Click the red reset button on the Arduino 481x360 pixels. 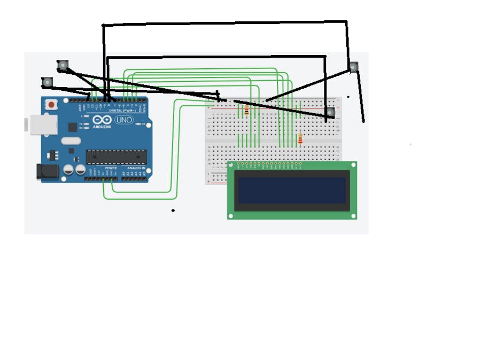(51, 105)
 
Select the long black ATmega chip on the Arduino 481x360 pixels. (116, 156)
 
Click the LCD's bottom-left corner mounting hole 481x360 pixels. (231, 216)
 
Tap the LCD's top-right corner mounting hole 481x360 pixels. (353, 165)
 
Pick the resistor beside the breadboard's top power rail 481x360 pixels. (246, 111)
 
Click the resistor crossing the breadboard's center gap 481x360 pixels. (300, 139)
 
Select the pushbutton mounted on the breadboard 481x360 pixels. (330, 112)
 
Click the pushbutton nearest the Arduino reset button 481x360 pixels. (48, 82)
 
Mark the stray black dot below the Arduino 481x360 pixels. (173, 210)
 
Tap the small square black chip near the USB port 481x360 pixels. (72, 127)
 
